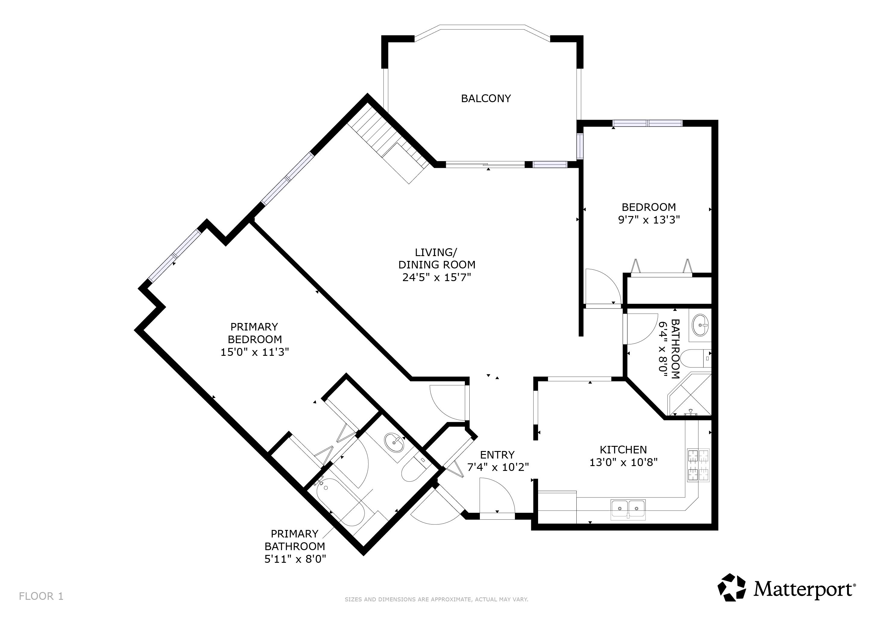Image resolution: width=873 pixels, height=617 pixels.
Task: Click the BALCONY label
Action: pyautogui.click(x=486, y=99)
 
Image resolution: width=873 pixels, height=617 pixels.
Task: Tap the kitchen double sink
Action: pyautogui.click(x=628, y=509)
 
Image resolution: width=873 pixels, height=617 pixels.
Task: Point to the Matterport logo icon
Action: pyautogui.click(x=732, y=588)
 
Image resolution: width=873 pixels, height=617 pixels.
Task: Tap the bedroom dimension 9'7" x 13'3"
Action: pyautogui.click(x=649, y=220)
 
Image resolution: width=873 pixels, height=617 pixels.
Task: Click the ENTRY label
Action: pyautogui.click(x=497, y=455)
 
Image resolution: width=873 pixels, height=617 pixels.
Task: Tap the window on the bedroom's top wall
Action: pyautogui.click(x=647, y=123)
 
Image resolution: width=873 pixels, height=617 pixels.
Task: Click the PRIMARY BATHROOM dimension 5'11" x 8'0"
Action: pyautogui.click(x=295, y=559)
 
